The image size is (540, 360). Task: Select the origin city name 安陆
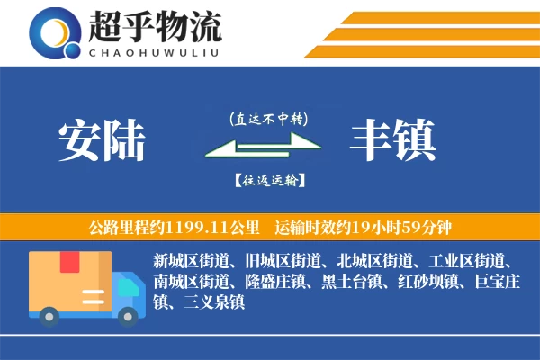click(x=102, y=139)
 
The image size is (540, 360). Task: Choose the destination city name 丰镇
click(x=393, y=139)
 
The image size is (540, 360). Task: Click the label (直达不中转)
click(x=268, y=118)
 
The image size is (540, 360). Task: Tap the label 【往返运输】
click(x=268, y=180)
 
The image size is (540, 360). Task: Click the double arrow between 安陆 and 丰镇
click(x=268, y=149)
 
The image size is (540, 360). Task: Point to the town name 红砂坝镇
click(x=423, y=283)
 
